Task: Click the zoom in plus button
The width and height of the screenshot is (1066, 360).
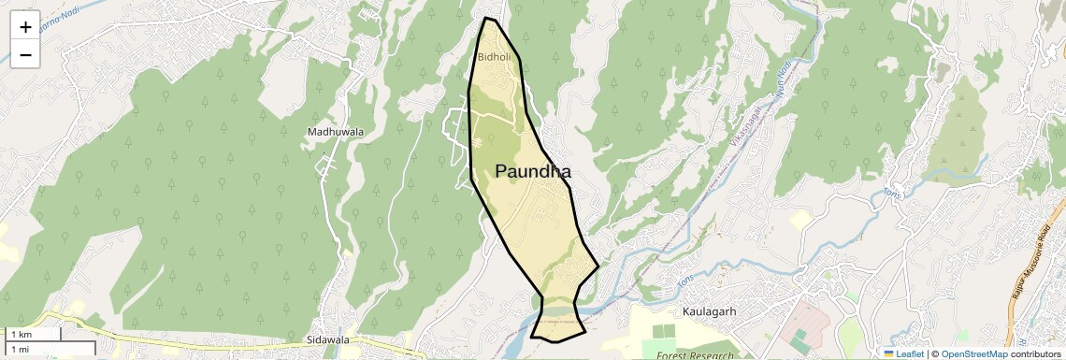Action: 25,27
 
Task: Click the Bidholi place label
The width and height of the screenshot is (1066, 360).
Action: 494,57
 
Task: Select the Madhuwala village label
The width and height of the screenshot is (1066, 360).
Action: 335,132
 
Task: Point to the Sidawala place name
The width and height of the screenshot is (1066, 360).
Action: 327,339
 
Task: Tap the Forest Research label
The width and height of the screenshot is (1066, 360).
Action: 693,355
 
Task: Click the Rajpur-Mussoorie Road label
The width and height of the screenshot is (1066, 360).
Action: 1028,262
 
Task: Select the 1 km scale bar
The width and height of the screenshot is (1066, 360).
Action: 21,334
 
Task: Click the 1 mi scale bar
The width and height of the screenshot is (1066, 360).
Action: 21,349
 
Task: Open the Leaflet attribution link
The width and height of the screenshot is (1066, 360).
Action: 910,353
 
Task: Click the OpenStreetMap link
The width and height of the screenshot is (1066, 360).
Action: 974,353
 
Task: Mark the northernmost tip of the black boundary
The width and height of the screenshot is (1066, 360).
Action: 486,18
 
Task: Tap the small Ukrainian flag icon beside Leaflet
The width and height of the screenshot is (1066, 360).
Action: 889,353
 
